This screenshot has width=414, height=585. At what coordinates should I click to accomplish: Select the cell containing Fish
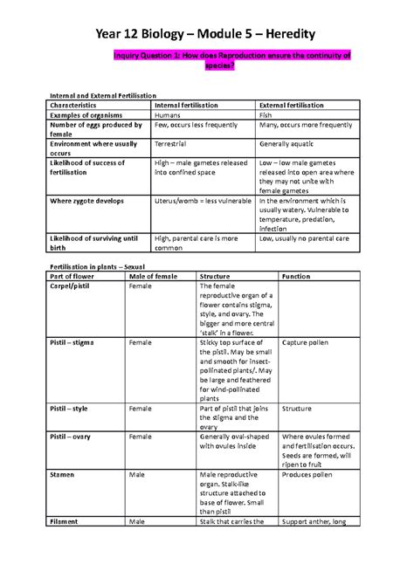[267, 114]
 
